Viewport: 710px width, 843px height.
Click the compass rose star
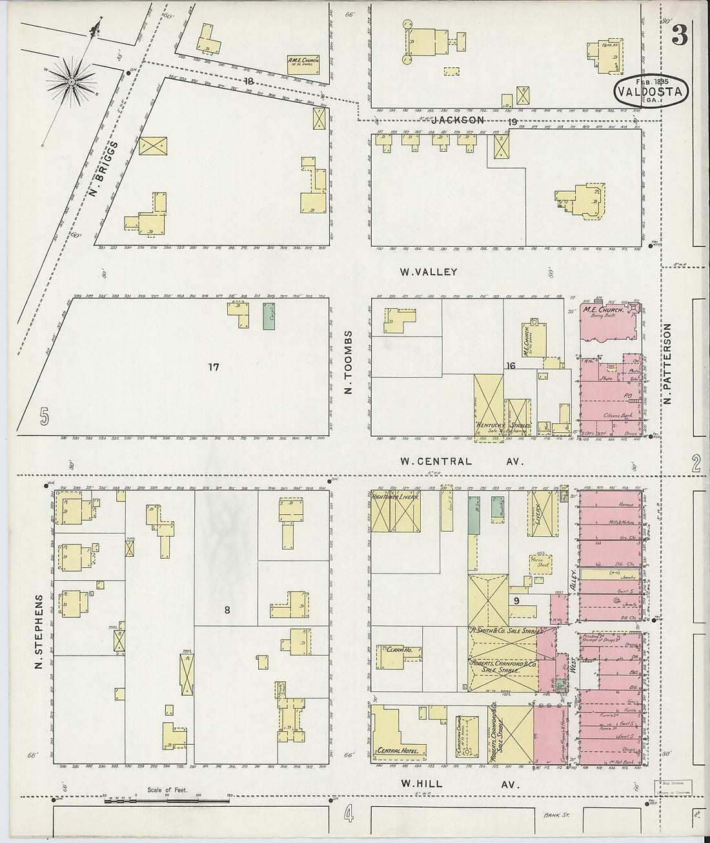point(71,82)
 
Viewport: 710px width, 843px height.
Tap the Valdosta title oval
point(651,91)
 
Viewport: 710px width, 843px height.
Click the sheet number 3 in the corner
point(678,36)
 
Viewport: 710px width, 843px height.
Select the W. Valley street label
point(429,272)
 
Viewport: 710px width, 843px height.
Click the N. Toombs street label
point(349,364)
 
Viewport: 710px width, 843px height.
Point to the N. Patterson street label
point(667,364)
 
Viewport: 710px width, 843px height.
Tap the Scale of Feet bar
point(166,801)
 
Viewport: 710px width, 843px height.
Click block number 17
point(214,367)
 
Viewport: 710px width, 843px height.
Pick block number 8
point(227,609)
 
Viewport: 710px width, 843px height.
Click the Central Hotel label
point(400,751)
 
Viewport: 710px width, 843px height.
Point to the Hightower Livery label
point(396,497)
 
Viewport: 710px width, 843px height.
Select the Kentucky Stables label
point(503,426)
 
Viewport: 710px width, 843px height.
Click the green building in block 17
point(269,317)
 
